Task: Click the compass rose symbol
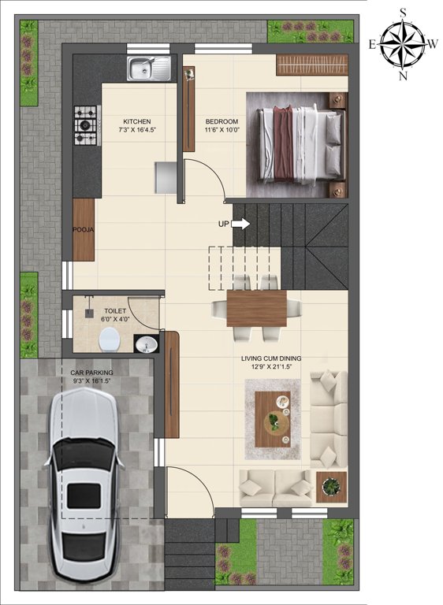[403, 43]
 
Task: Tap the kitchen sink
[150, 69]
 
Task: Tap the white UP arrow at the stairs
[241, 224]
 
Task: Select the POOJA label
[84, 229]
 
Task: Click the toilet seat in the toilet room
[110, 340]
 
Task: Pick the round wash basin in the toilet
[146, 344]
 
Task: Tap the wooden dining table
[257, 307]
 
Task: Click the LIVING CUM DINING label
[271, 358]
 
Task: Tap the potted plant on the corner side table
[332, 486]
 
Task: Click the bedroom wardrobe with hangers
[312, 65]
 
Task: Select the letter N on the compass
[403, 76]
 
